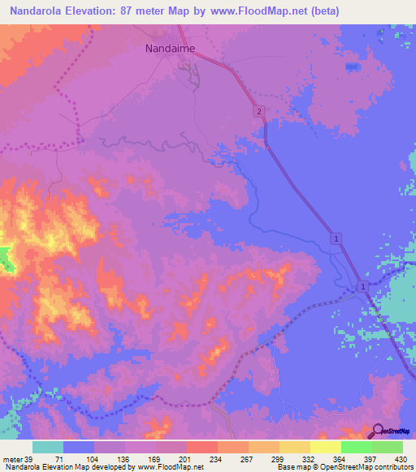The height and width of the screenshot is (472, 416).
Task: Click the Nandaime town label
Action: pyautogui.click(x=170, y=48)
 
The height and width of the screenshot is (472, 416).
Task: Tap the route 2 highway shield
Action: pyautogui.click(x=258, y=111)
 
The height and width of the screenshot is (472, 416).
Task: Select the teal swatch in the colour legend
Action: pyautogui.click(x=48, y=447)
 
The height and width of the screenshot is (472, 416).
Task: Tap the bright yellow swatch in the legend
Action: pyautogui.click(x=326, y=447)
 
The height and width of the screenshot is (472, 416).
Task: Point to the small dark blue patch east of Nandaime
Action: pyautogui.click(x=352, y=67)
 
